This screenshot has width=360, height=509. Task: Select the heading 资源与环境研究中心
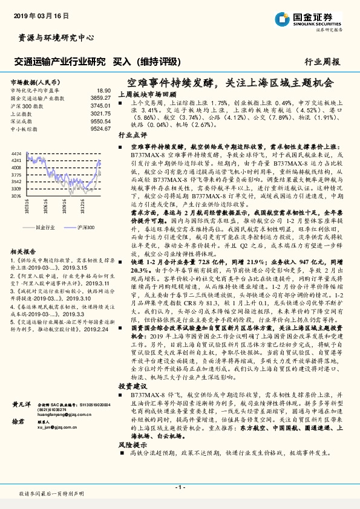point(53,37)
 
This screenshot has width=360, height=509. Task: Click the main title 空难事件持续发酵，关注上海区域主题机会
point(231,82)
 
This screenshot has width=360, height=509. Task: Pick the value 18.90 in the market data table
point(104,89)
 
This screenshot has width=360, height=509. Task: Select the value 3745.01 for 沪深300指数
point(100,105)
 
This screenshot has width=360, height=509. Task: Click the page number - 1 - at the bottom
point(180,487)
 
